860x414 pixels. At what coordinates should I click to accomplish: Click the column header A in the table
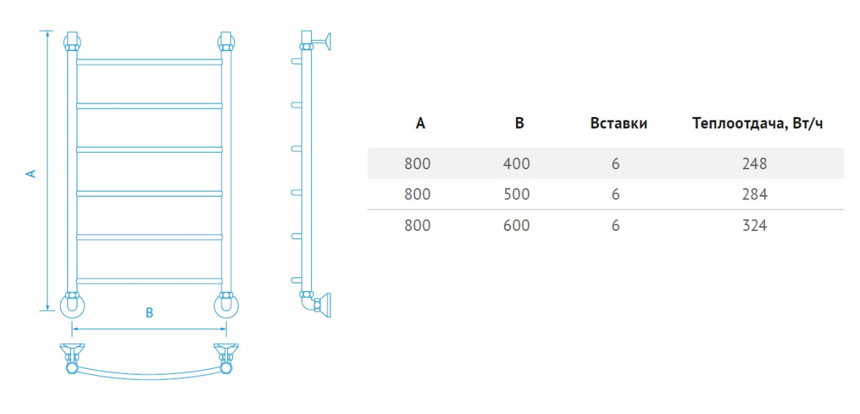click(421, 123)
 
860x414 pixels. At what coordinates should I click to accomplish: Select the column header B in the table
click(519, 123)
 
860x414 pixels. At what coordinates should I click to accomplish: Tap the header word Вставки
click(618, 123)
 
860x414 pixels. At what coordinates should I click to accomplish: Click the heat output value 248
click(755, 164)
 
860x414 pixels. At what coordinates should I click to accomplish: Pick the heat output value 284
click(755, 194)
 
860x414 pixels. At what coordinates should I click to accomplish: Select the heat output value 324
click(755, 225)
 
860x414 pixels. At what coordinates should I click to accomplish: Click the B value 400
click(517, 164)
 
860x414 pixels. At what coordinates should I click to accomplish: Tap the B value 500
click(517, 194)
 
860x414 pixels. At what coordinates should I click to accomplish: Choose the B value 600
click(517, 225)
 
